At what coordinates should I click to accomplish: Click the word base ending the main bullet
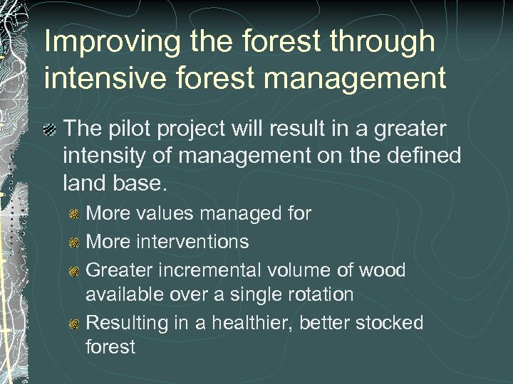tap(143, 183)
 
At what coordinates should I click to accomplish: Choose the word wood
tap(381, 270)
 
